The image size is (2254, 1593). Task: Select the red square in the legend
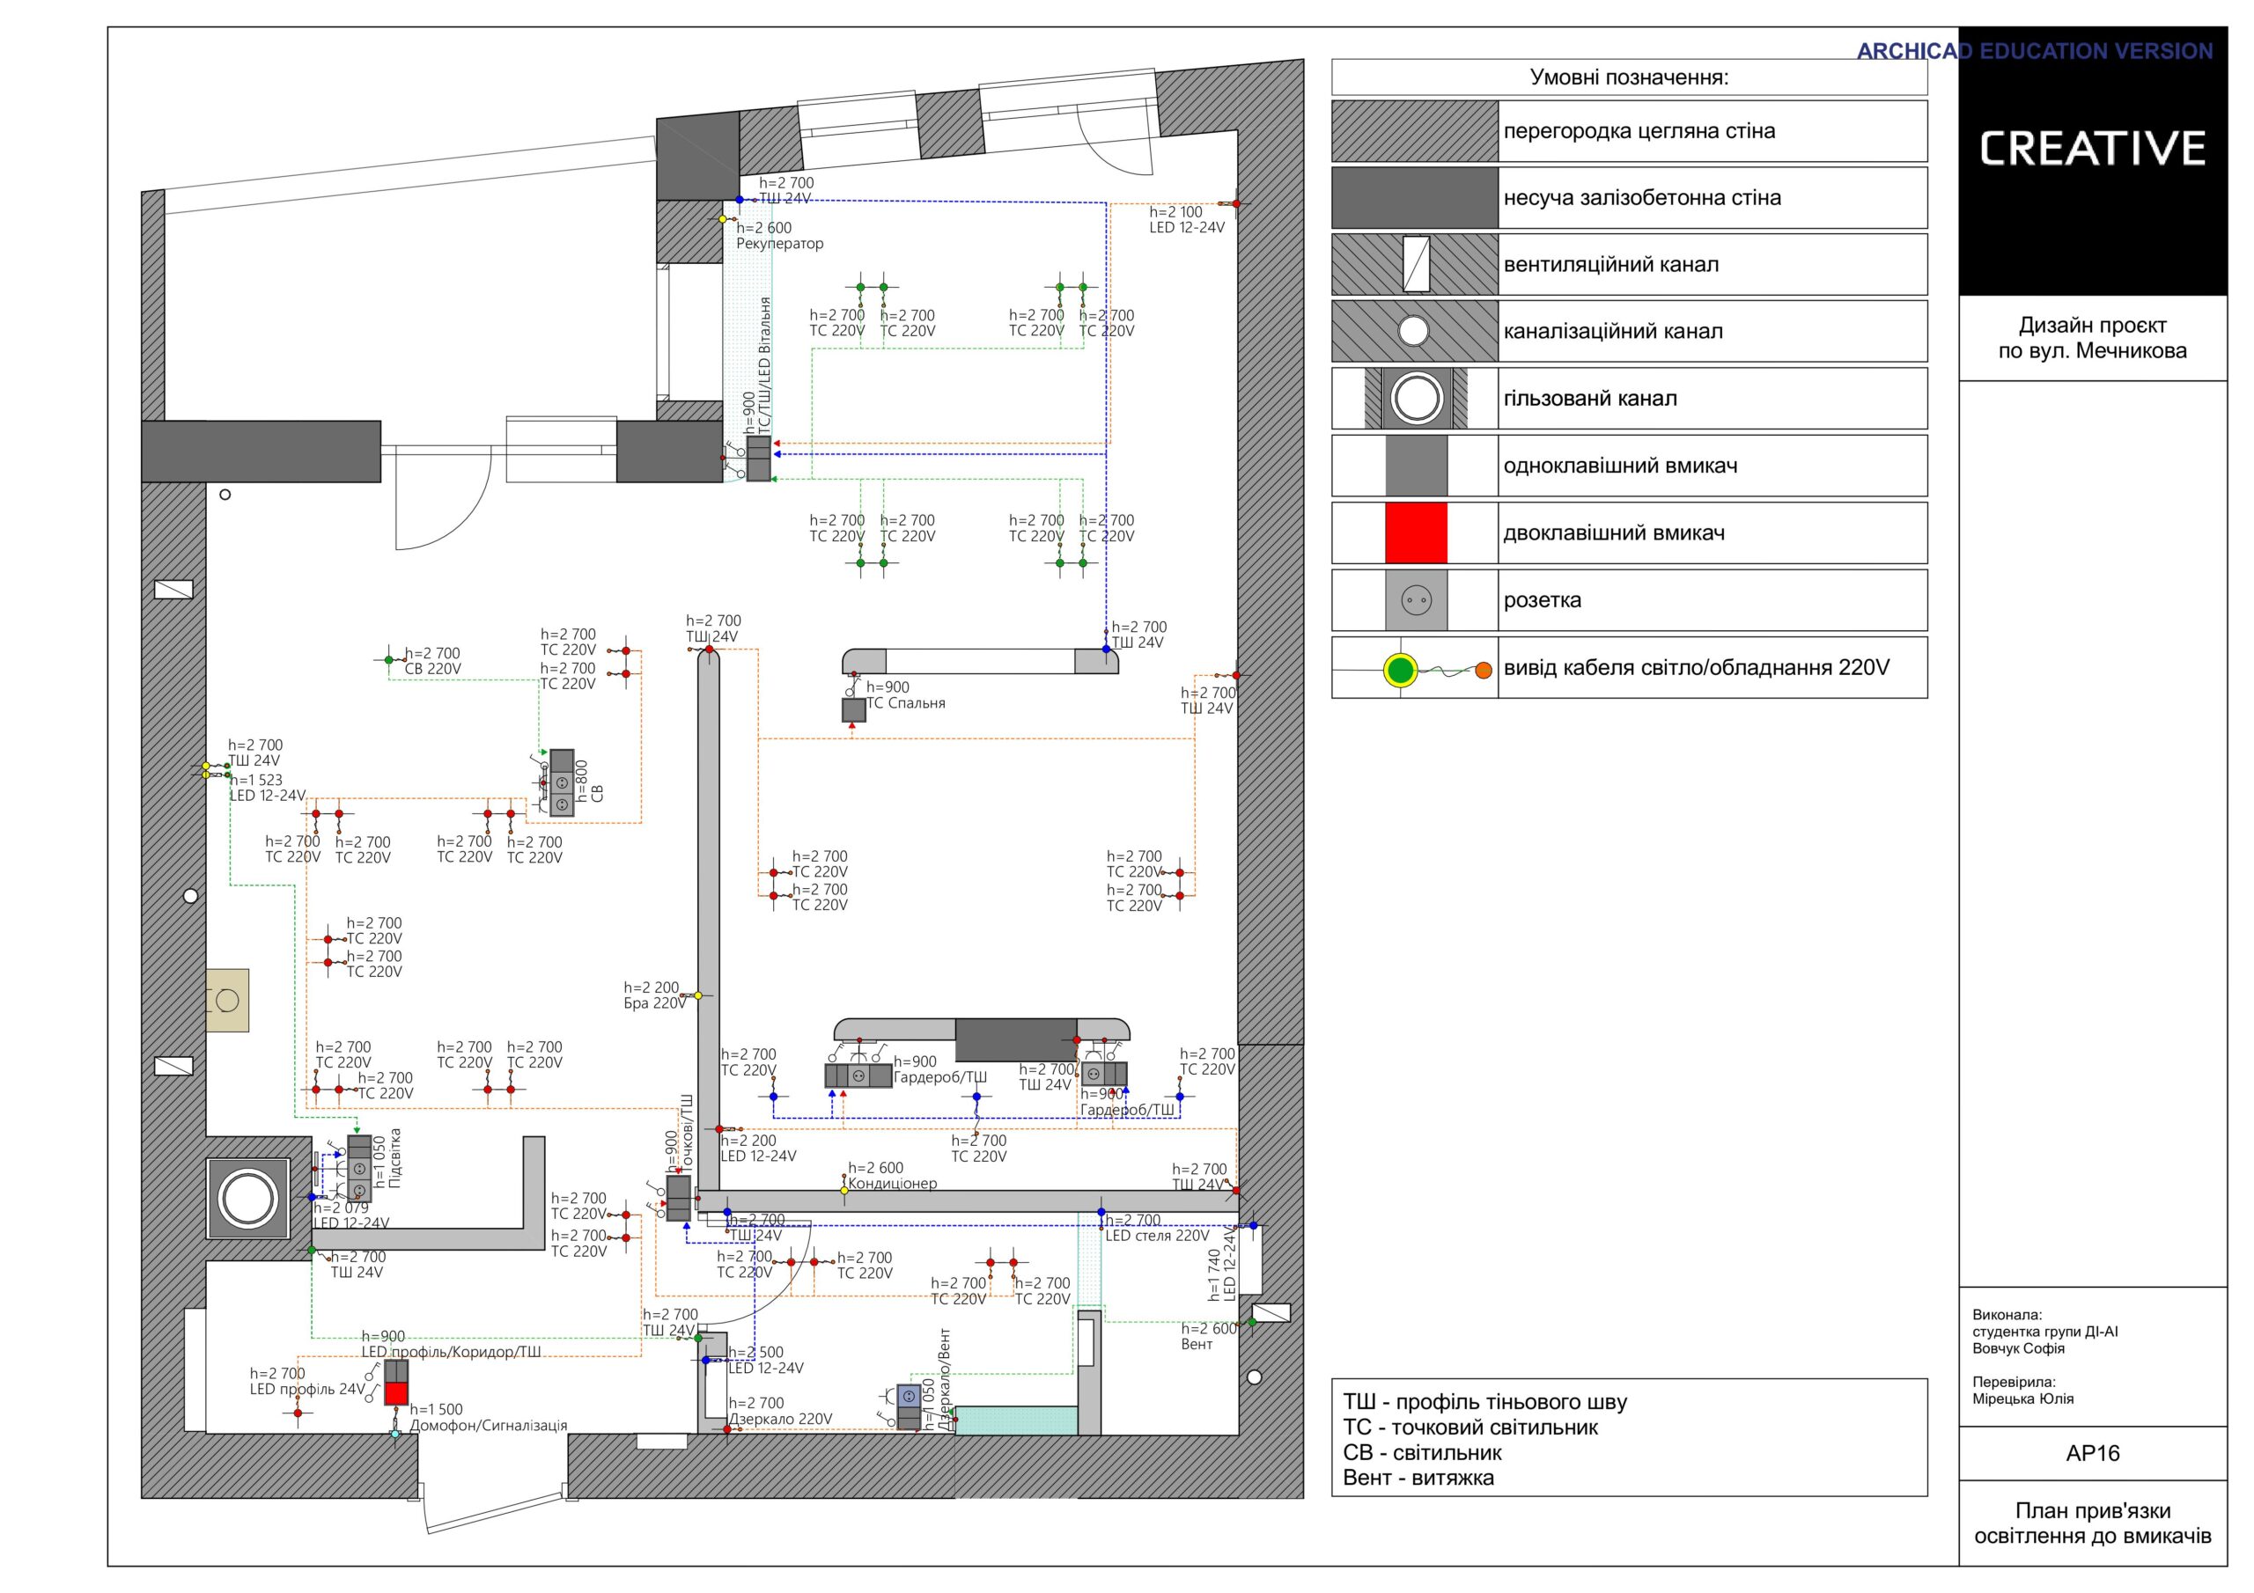pyautogui.click(x=1416, y=533)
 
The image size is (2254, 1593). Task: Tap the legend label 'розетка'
pyautogui.click(x=1543, y=601)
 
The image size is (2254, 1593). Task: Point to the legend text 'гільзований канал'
pyautogui.click(x=1590, y=399)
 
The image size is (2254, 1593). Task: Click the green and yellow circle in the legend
pyautogui.click(x=1400, y=672)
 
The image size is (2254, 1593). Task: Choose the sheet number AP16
pyautogui.click(x=2092, y=1454)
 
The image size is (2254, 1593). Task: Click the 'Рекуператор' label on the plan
pyautogui.click(x=779, y=244)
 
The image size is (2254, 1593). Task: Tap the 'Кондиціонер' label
pyautogui.click(x=893, y=1184)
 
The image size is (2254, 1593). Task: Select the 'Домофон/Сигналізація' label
pyautogui.click(x=488, y=1425)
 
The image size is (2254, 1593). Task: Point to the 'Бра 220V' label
pyautogui.click(x=655, y=1003)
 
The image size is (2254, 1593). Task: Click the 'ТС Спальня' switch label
pyautogui.click(x=905, y=702)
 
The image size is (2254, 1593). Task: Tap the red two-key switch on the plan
pyautogui.click(x=395, y=1394)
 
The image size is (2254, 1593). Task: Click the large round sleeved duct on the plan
pyautogui.click(x=247, y=1199)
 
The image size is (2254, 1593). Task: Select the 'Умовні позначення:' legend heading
pyautogui.click(x=1629, y=77)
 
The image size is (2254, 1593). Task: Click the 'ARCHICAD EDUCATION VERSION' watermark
pyautogui.click(x=2034, y=51)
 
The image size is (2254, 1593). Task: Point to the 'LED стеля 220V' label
pyautogui.click(x=1158, y=1236)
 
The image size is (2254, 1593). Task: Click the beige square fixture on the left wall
pyautogui.click(x=228, y=1000)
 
